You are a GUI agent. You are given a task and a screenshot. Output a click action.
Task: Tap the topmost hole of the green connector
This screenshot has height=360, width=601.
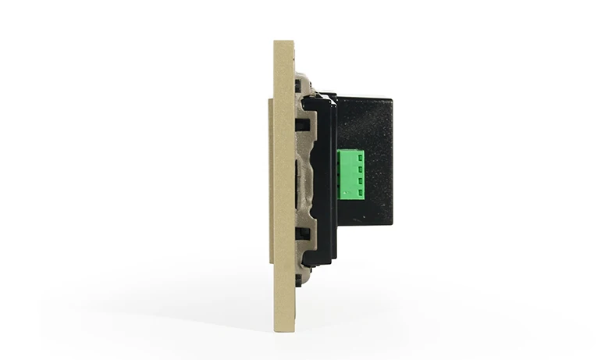point(361,156)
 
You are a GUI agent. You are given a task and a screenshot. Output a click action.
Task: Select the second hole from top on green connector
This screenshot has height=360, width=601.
point(361,166)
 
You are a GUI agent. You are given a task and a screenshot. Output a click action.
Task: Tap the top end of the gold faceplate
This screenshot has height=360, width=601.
point(283,44)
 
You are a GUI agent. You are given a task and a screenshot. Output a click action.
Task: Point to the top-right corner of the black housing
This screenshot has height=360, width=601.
point(391,98)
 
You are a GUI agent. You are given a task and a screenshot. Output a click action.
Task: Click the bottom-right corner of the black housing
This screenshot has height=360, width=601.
point(391,223)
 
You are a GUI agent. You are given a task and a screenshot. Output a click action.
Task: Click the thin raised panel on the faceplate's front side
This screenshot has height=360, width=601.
point(270,180)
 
